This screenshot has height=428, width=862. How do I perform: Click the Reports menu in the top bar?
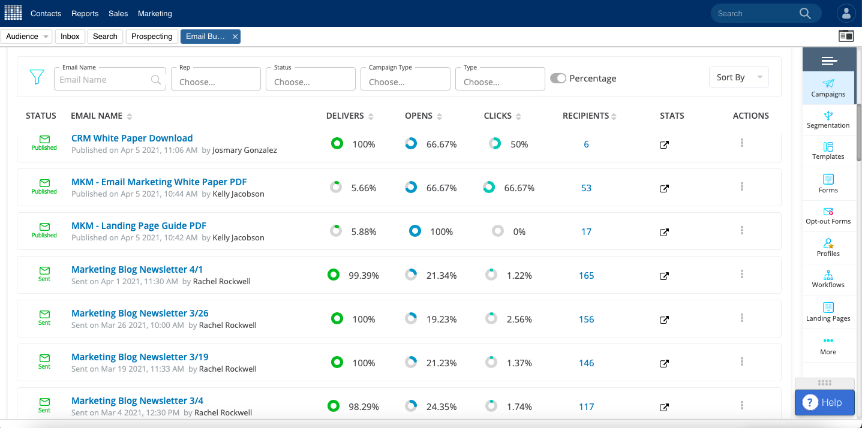tap(85, 13)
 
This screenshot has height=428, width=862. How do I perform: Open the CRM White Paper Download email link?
tap(132, 138)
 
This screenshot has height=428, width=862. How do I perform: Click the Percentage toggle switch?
tap(558, 79)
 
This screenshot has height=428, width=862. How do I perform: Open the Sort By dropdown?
tap(738, 77)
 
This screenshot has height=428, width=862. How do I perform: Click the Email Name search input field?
tap(104, 80)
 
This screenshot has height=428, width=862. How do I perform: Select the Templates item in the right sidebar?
tap(828, 150)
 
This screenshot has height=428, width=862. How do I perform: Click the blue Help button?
tap(824, 402)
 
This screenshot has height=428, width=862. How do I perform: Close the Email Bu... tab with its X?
tap(235, 37)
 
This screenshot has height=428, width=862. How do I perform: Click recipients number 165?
tap(586, 276)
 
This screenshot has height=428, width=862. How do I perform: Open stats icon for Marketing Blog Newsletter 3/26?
tap(664, 320)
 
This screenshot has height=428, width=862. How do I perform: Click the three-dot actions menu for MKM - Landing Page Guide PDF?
tap(742, 231)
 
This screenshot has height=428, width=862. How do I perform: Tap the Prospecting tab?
tap(152, 37)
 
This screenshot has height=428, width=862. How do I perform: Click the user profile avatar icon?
tap(846, 13)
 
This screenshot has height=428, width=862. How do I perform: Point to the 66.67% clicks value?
tap(519, 188)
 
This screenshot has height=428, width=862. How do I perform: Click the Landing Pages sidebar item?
tap(828, 312)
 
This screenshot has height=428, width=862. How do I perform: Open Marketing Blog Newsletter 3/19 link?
tap(140, 357)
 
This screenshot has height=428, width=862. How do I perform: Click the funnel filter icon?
tap(37, 77)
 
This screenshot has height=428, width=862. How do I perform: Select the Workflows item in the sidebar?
tap(828, 279)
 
